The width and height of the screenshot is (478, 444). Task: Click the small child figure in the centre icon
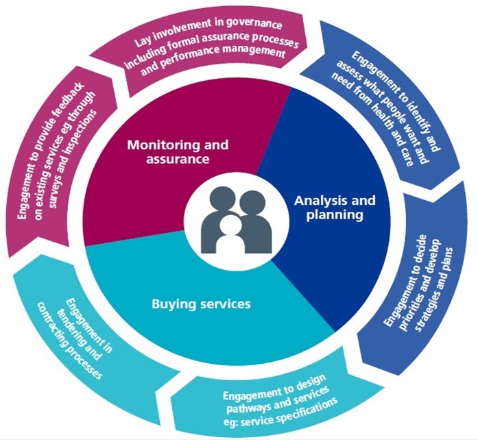tap(229, 236)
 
